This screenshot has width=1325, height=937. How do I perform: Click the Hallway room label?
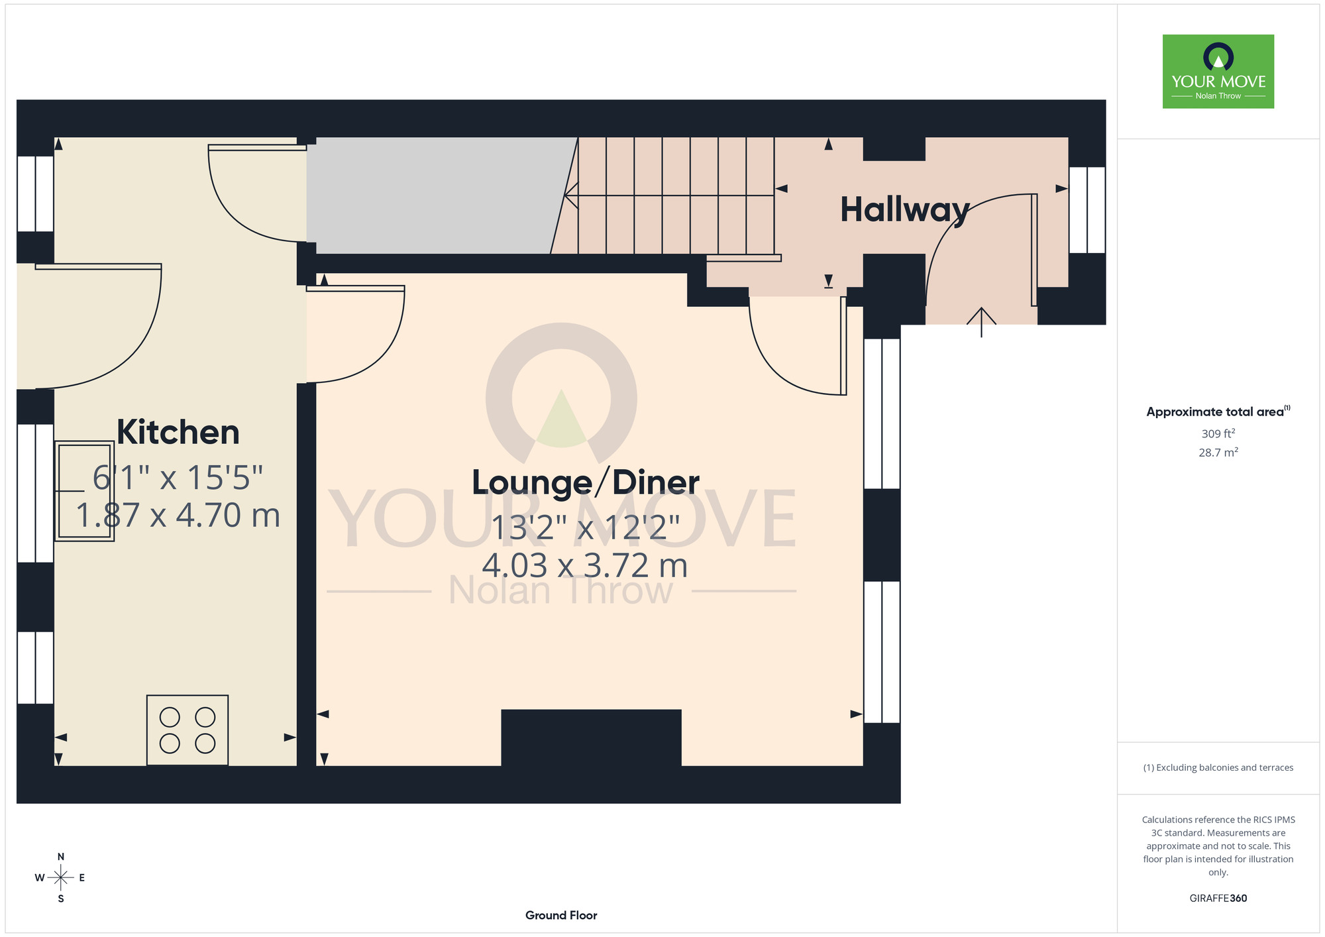[905, 211]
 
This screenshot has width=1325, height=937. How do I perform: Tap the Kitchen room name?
[178, 432]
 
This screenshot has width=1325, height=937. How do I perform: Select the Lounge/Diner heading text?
[586, 482]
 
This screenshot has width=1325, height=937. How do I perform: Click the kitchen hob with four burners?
[187, 730]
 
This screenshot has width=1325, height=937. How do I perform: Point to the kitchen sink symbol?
[84, 491]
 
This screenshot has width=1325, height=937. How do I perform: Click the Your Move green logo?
[1218, 72]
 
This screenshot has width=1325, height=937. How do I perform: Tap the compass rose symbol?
[61, 878]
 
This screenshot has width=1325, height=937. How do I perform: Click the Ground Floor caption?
[561, 915]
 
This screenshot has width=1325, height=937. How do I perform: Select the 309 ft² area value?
[1218, 433]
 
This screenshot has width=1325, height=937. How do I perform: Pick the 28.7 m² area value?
[1218, 453]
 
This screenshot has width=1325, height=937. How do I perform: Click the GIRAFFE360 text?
[1218, 899]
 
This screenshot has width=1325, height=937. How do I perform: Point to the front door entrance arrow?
[981, 322]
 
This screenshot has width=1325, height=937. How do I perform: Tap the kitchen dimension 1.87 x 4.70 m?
[178, 516]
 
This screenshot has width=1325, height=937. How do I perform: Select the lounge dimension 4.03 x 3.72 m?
[585, 566]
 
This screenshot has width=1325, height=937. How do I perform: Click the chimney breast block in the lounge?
[591, 738]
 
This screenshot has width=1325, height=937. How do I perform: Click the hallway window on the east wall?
[1087, 210]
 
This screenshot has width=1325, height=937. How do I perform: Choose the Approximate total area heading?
[1218, 412]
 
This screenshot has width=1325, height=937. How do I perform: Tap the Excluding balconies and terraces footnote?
[1218, 767]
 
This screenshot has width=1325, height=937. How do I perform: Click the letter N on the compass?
[61, 857]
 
